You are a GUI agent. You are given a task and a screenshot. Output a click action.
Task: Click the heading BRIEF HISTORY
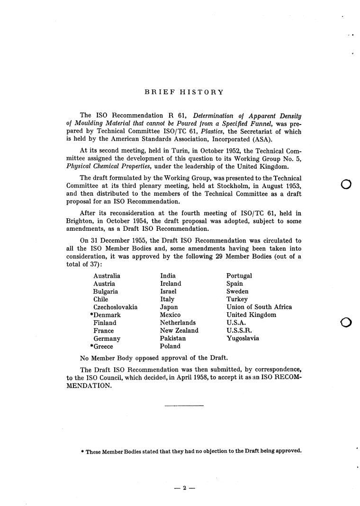click(x=184, y=92)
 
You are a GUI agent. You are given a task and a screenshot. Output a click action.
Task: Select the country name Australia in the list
click(x=107, y=276)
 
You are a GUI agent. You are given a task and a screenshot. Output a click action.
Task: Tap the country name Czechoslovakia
click(x=115, y=307)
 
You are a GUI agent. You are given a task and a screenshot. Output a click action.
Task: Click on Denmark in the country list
click(x=107, y=315)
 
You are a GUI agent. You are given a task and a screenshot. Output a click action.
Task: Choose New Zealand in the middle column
click(x=179, y=331)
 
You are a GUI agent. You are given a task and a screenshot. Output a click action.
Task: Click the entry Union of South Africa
click(x=259, y=307)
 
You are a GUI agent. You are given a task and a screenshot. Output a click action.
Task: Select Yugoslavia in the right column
click(x=243, y=339)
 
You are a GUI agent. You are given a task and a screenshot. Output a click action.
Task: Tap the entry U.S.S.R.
click(x=239, y=331)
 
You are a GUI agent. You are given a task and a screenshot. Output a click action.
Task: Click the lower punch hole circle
click(x=346, y=323)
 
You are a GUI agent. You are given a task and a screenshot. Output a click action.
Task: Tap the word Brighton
click(x=80, y=221)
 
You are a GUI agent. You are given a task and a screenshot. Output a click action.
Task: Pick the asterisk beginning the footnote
click(x=82, y=451)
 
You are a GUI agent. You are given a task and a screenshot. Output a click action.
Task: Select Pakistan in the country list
click(x=173, y=339)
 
